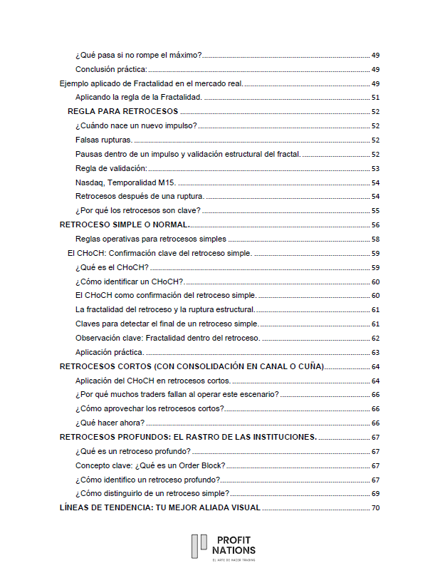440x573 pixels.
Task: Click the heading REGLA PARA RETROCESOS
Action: click(x=122, y=111)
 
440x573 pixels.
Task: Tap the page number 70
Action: click(x=375, y=508)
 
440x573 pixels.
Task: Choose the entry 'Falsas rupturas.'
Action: click(x=104, y=140)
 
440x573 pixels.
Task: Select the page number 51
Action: click(x=375, y=97)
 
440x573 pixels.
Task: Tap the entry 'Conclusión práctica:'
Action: click(x=111, y=69)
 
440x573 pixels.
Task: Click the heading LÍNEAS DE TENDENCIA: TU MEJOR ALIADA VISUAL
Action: click(x=159, y=508)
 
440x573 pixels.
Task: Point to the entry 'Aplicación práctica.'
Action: click(x=110, y=352)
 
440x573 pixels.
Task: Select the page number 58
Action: click(x=375, y=239)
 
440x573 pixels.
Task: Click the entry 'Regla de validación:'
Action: click(x=111, y=168)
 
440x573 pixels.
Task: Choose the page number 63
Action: click(x=375, y=352)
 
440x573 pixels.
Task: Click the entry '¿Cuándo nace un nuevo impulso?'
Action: click(x=136, y=125)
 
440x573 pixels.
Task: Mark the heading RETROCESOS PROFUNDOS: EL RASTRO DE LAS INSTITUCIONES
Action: click(x=188, y=437)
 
